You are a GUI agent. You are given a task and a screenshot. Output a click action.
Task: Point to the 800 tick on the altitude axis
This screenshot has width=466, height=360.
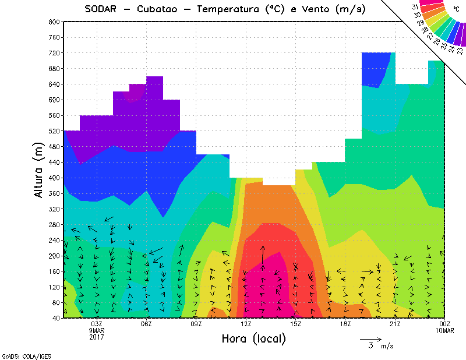tap(54, 22)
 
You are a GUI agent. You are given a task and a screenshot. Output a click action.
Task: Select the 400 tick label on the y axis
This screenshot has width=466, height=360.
tap(54, 178)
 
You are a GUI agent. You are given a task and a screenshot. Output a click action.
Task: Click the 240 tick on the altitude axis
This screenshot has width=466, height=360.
tap(54, 240)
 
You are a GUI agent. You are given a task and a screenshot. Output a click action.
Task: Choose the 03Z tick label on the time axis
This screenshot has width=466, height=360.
tap(97, 324)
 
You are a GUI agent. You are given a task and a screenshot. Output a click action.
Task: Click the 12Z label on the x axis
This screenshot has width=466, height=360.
tap(246, 324)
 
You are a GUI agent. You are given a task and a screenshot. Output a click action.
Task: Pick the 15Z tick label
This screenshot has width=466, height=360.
tap(296, 324)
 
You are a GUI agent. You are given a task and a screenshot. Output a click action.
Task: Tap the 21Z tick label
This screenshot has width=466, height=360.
tap(395, 324)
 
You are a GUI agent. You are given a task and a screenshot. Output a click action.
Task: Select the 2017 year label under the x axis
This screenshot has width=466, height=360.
tap(97, 337)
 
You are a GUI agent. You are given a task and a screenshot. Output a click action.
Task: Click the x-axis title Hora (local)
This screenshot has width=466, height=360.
tap(253, 338)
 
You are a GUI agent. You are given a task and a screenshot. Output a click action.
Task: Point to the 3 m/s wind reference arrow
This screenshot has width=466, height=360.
tap(370, 338)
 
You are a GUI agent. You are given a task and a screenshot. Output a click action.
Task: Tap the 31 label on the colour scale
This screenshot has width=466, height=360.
tap(415, 7)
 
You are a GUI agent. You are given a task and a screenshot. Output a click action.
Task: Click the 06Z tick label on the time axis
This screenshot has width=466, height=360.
tap(147, 324)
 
